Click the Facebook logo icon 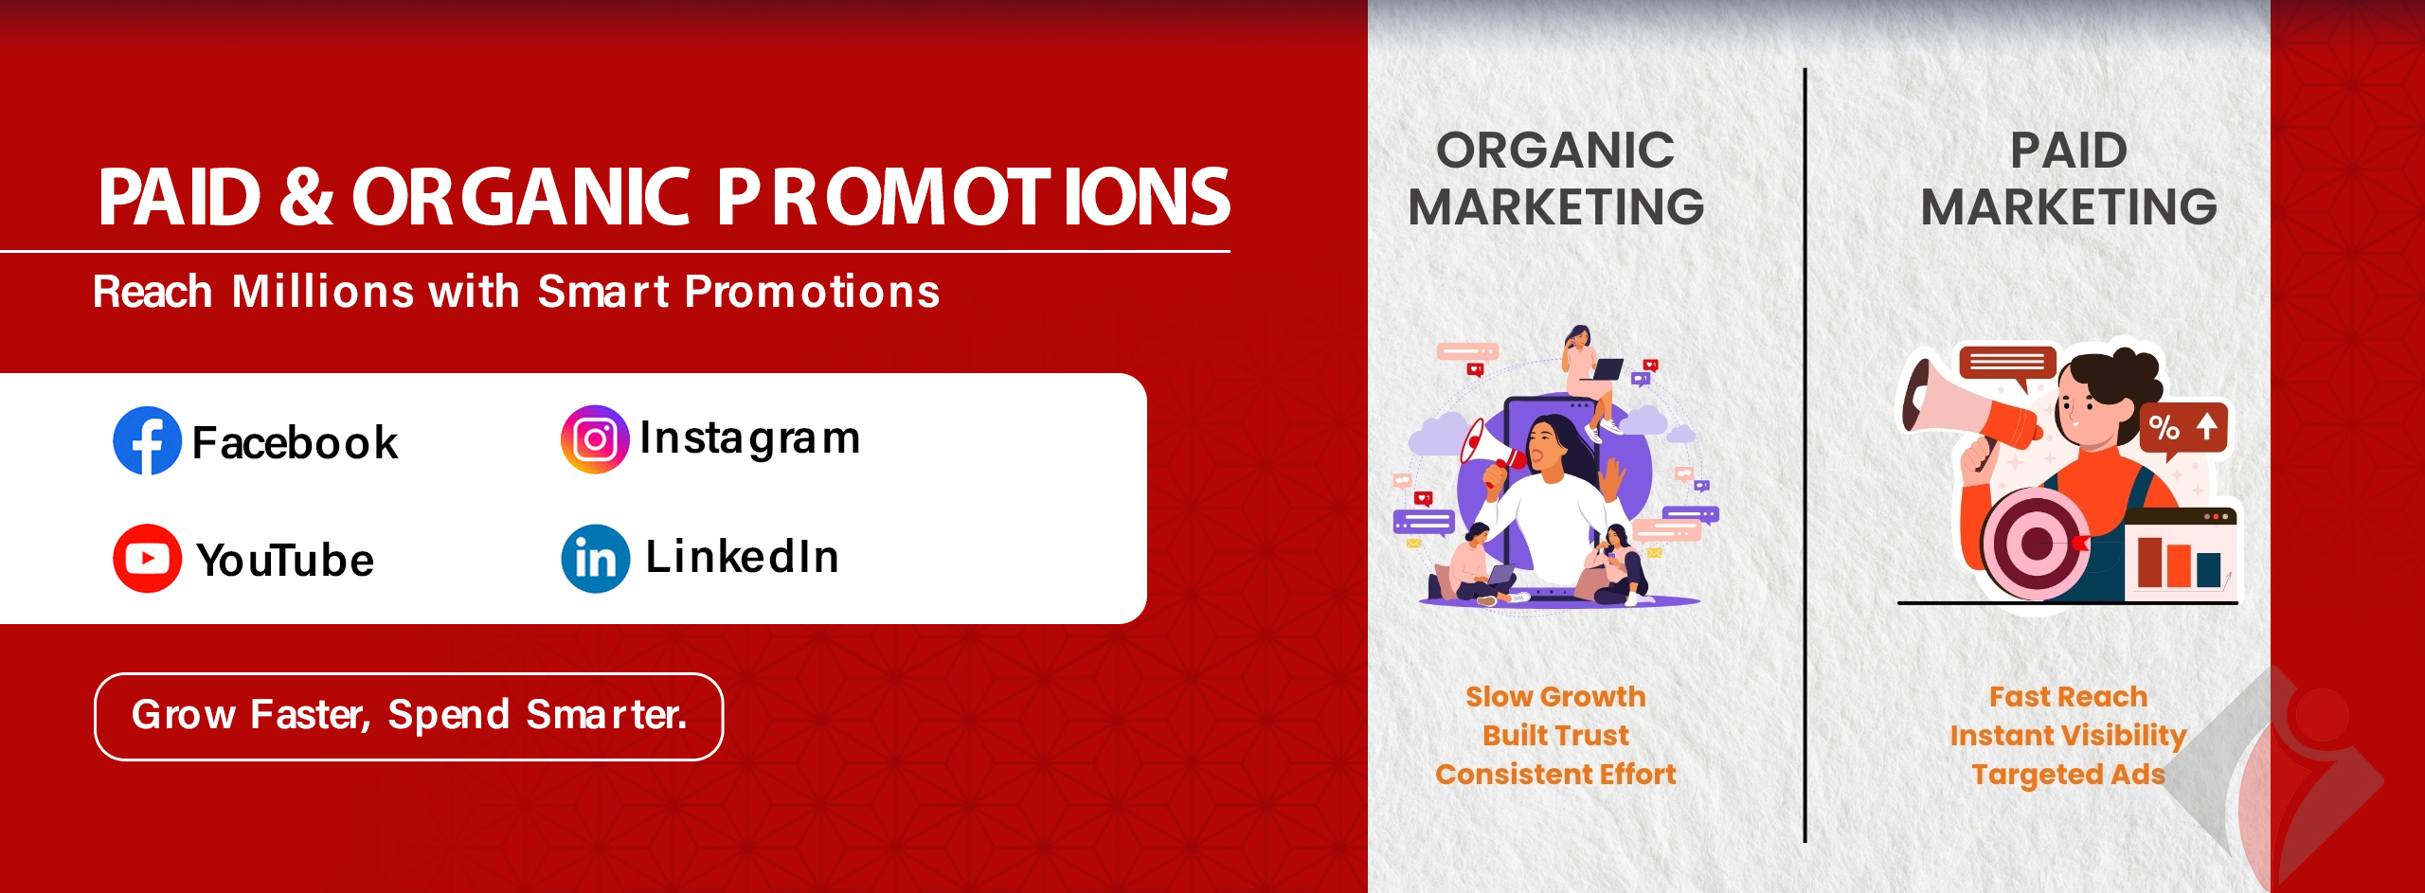coord(147,440)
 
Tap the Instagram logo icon coord(595,439)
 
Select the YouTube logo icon coord(147,558)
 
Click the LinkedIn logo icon coord(595,559)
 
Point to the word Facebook coord(295,442)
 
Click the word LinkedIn coord(742,556)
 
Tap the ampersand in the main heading coord(306,197)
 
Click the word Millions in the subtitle coord(323,291)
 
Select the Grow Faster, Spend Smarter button coord(408,716)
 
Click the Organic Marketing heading coord(1555,178)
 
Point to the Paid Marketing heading coord(2069,178)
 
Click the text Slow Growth coord(1555,696)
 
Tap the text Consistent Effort coord(1555,774)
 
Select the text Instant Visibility coord(2069,736)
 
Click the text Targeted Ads coord(2069,775)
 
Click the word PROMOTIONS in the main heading coord(974,197)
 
